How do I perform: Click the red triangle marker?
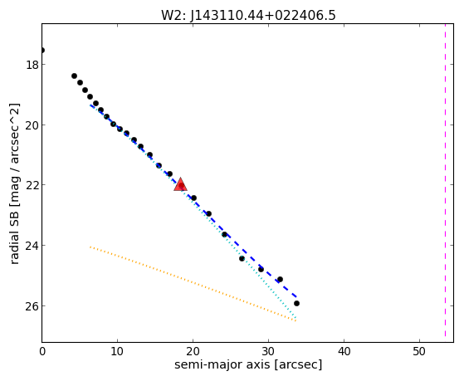(x=180, y=185)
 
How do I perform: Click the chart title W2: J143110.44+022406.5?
(x=248, y=16)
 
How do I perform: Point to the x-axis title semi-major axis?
(x=248, y=364)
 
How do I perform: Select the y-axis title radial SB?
(x=15, y=183)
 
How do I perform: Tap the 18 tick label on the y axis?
(x=32, y=65)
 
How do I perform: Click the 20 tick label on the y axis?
(x=32, y=125)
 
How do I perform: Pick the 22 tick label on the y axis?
(x=32, y=185)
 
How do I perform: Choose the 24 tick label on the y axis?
(x=32, y=246)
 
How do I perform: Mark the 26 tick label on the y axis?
(x=32, y=306)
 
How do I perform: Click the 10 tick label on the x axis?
(x=117, y=352)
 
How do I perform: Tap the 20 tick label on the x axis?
(x=193, y=352)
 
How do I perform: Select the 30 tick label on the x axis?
(x=268, y=352)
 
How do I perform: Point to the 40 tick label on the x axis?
(x=344, y=352)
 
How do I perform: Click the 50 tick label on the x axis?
(x=419, y=352)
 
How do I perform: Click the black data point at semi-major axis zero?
(x=42, y=51)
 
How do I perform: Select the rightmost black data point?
(x=296, y=304)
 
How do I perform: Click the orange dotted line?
(x=193, y=284)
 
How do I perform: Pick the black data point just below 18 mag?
(x=74, y=76)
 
